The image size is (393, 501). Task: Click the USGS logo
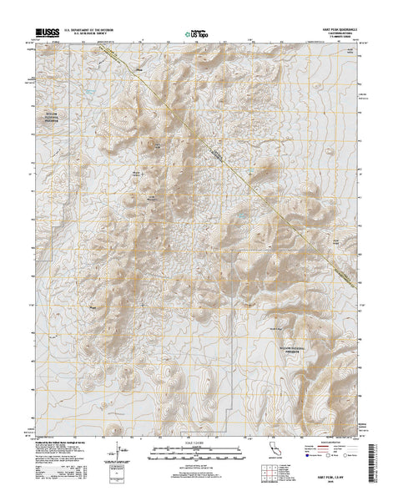pyautogui.click(x=47, y=35)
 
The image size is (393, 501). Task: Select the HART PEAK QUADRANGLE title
pyautogui.click(x=334, y=31)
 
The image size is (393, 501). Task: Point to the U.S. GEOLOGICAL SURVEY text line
pyautogui.click(x=88, y=37)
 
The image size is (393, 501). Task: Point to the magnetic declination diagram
pyautogui.click(x=113, y=455)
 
